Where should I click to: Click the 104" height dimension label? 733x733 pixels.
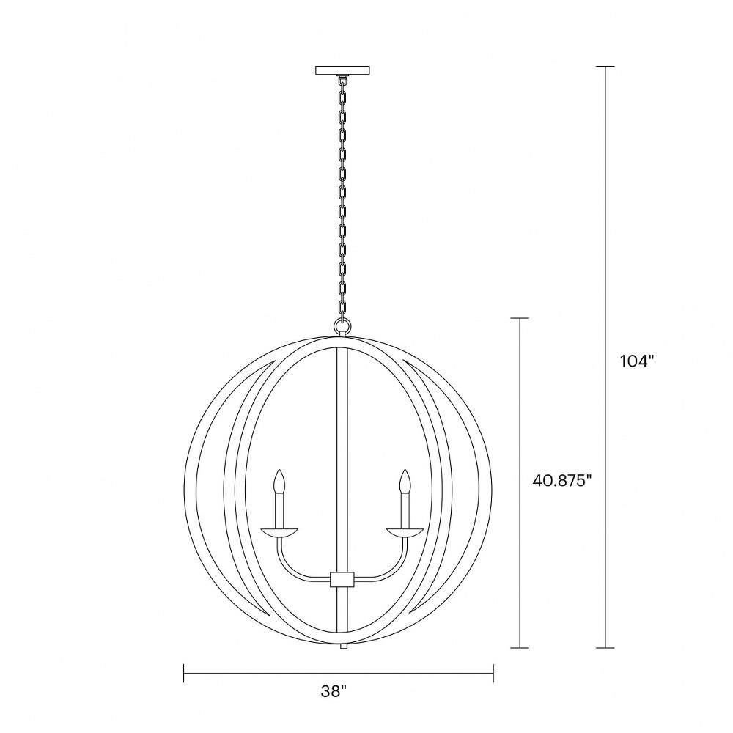(636, 361)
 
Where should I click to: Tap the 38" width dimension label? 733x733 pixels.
(334, 691)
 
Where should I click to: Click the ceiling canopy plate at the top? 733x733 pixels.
(342, 70)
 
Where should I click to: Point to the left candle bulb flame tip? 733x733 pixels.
(279, 470)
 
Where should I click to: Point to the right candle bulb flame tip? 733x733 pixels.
(405, 470)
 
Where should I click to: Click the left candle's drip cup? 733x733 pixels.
(279, 532)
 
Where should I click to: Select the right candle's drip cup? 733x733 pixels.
(405, 532)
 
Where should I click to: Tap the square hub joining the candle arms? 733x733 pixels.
(342, 579)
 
